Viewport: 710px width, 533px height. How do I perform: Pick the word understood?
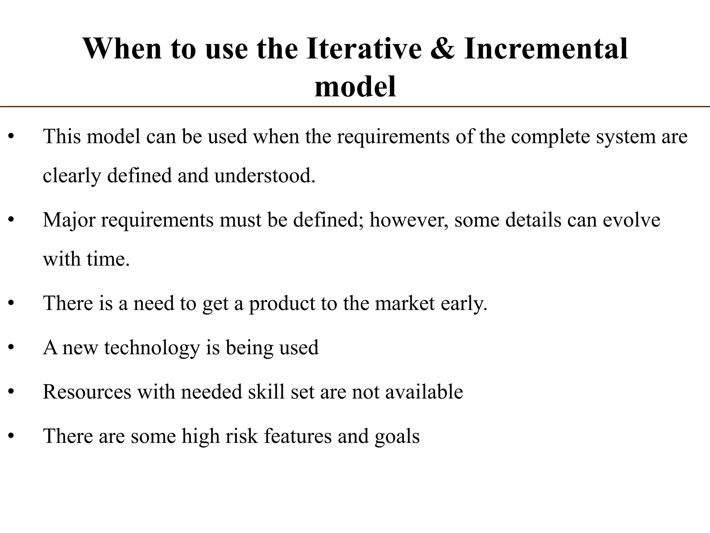[x=265, y=176]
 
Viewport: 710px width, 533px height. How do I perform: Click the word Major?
[x=69, y=220]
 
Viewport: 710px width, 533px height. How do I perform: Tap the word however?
[x=408, y=220]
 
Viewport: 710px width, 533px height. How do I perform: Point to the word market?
[x=405, y=303]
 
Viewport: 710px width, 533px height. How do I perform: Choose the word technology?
[x=152, y=348]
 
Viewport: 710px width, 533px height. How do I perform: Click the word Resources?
[x=87, y=392]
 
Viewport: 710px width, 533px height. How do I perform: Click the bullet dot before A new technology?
[x=11, y=348]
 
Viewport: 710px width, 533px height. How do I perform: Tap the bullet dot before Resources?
[x=11, y=392]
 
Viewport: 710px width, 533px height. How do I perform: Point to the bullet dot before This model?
[x=11, y=137]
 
